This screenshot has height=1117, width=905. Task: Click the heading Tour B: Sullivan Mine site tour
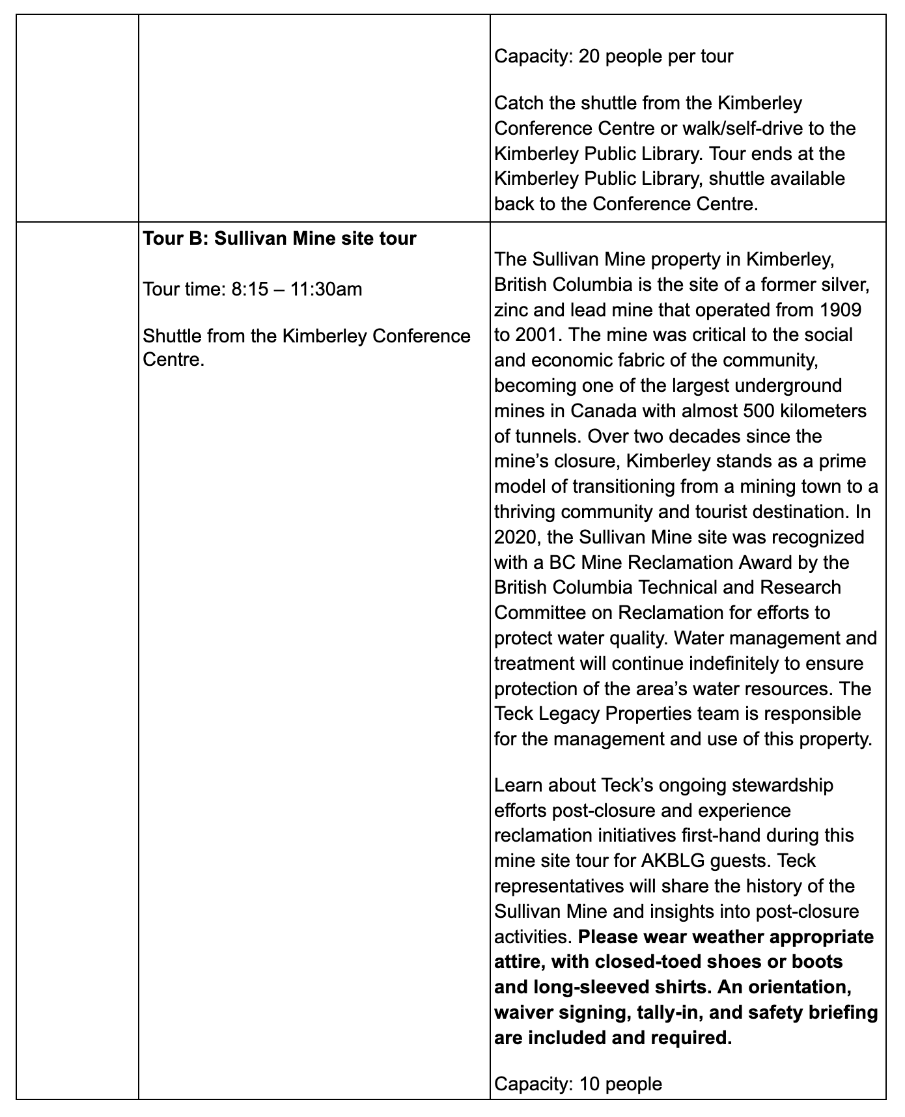pos(279,238)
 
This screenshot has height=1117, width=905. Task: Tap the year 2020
pos(515,537)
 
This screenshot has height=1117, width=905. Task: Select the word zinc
pos(512,309)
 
